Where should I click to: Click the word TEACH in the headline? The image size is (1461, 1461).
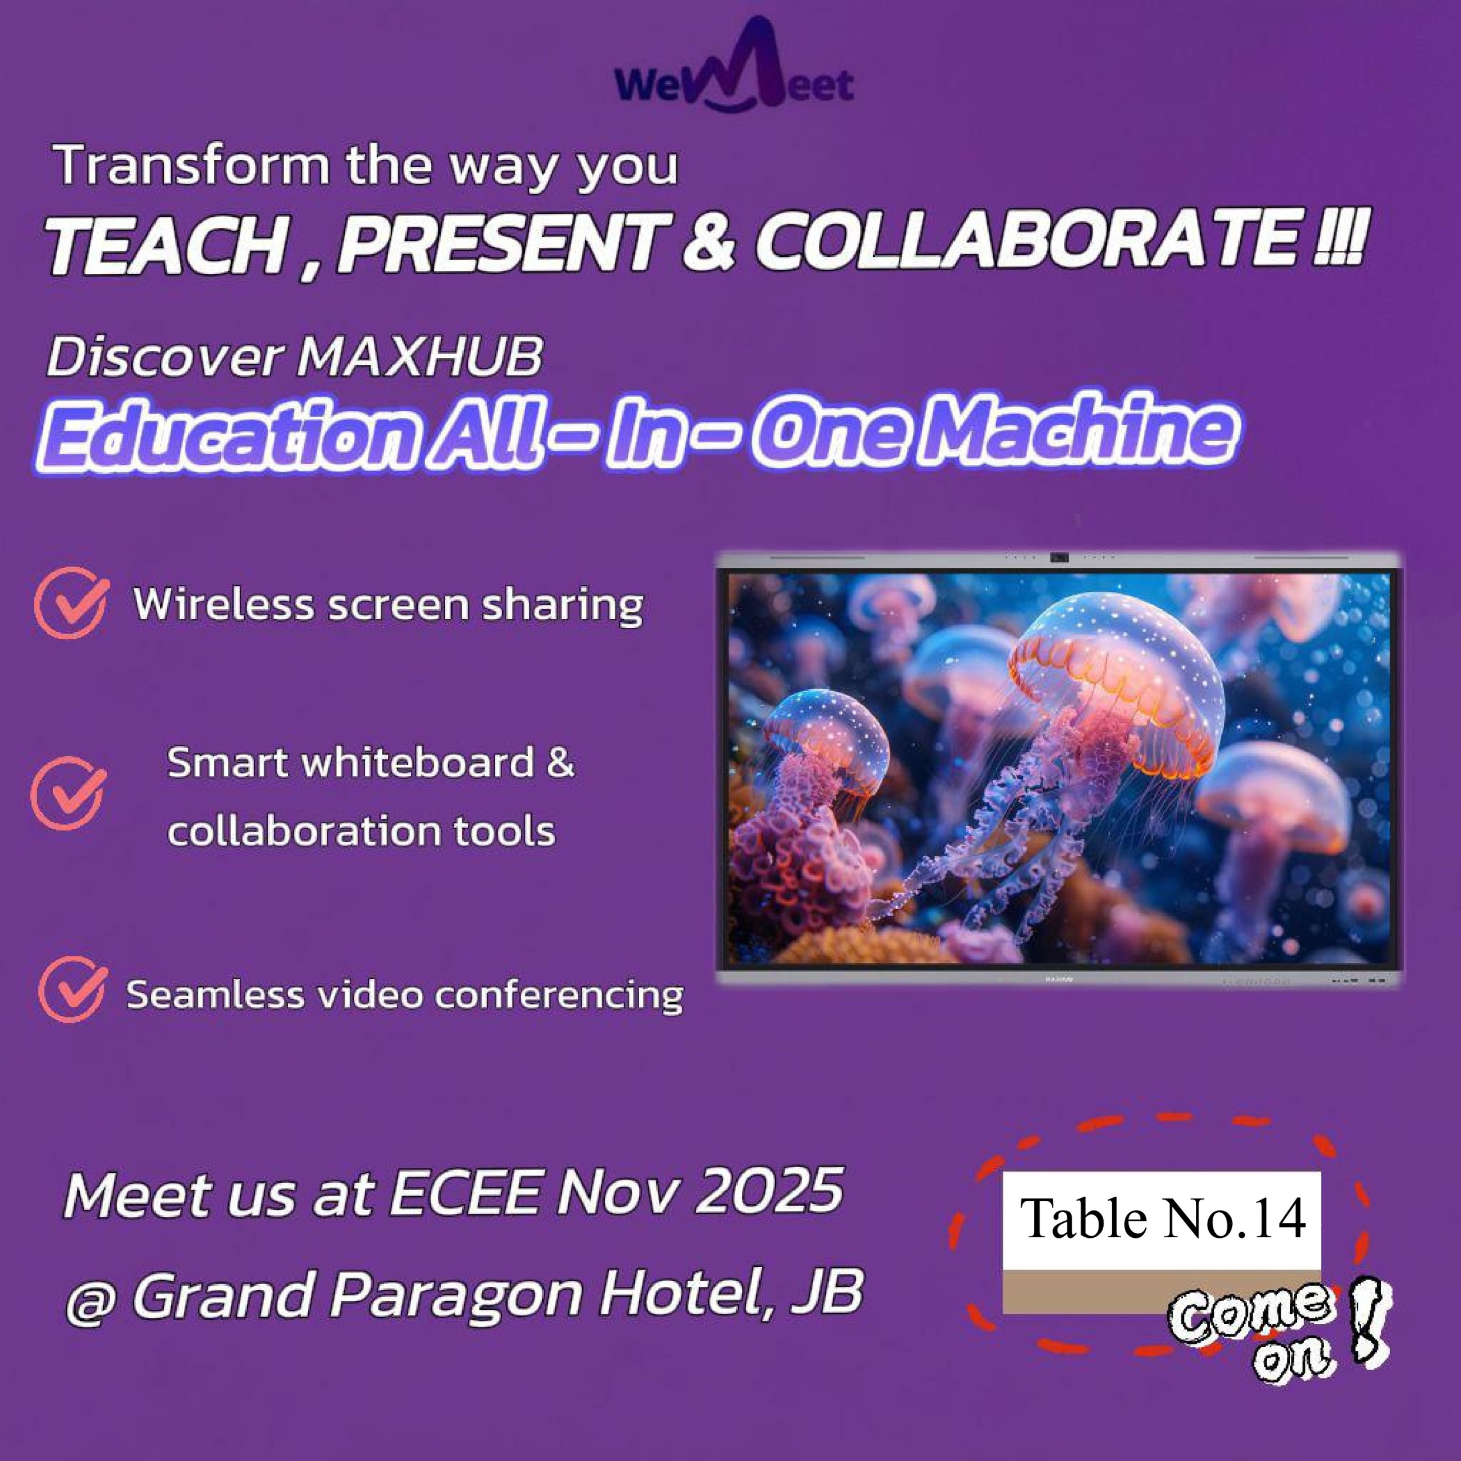[164, 244]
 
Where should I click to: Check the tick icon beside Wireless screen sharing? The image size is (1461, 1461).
[72, 603]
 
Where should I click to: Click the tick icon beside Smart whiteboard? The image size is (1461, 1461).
[68, 793]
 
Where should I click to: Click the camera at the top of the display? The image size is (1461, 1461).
[1059, 558]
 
